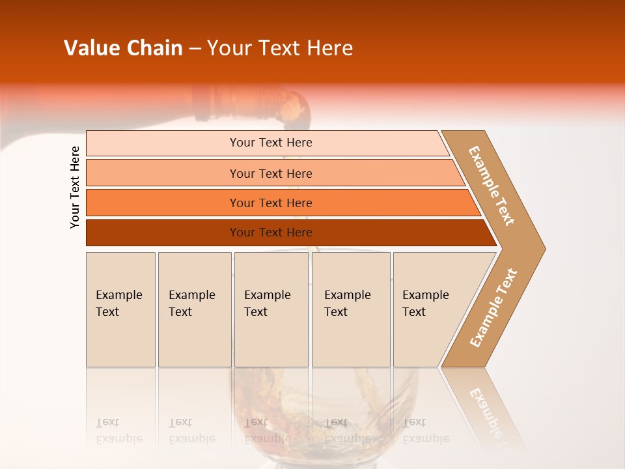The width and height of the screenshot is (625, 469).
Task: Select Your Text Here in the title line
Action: coord(280,48)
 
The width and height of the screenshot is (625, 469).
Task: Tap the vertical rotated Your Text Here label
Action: coord(75,187)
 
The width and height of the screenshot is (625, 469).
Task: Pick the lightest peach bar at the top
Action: coord(270,143)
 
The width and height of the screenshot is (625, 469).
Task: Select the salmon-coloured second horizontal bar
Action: coord(270,173)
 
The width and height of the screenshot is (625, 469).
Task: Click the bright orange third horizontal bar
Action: coord(270,203)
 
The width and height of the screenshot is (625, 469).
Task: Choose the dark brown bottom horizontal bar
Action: coord(270,233)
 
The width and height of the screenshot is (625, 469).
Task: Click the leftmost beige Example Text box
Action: coord(120,309)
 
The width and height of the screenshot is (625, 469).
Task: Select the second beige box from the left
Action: coord(194,309)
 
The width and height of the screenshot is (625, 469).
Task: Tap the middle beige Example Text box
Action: coord(271,309)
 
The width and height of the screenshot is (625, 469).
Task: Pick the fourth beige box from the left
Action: coord(350,309)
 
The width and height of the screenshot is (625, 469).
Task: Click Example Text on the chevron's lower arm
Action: coord(493,307)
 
